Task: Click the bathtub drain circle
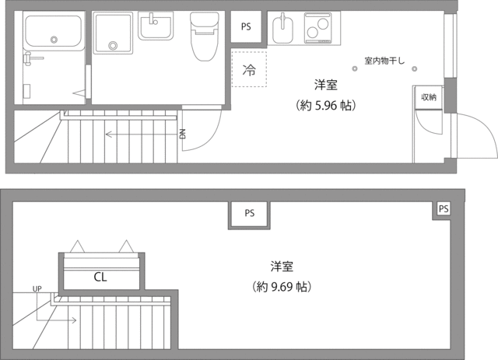(x=54, y=40)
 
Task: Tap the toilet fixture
(x=205, y=36)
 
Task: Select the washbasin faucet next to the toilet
(x=153, y=19)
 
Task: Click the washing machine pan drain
(x=112, y=45)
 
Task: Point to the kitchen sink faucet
(x=283, y=21)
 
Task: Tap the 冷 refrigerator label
(x=249, y=69)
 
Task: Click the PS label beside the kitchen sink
(x=246, y=26)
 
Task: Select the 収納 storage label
(x=429, y=97)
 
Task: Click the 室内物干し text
(x=384, y=61)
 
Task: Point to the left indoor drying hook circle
(x=355, y=68)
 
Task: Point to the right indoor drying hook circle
(x=414, y=68)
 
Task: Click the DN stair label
(x=182, y=134)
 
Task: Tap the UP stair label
(x=37, y=289)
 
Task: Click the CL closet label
(x=100, y=277)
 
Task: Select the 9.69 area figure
(x=282, y=287)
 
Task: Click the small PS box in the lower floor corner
(x=444, y=209)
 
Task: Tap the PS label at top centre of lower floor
(x=250, y=213)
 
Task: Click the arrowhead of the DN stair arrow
(x=107, y=135)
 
